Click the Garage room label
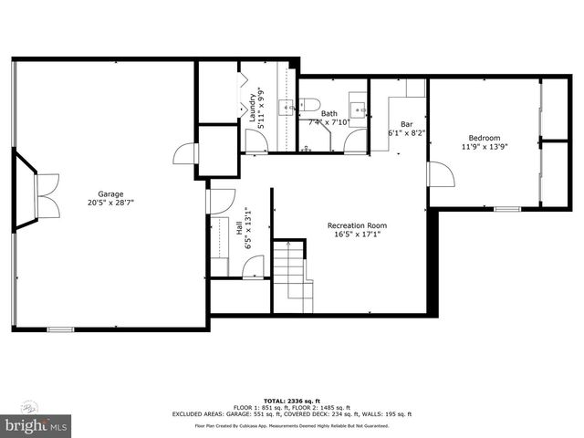coord(112,193)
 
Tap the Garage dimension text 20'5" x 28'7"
coord(112,203)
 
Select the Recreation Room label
coord(358,224)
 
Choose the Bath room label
coord(328,113)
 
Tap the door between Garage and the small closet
coord(185,152)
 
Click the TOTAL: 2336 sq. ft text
coord(291,401)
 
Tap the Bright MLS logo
coord(36,423)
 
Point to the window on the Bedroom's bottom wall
coord(506,209)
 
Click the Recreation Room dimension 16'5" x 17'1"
coord(358,235)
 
